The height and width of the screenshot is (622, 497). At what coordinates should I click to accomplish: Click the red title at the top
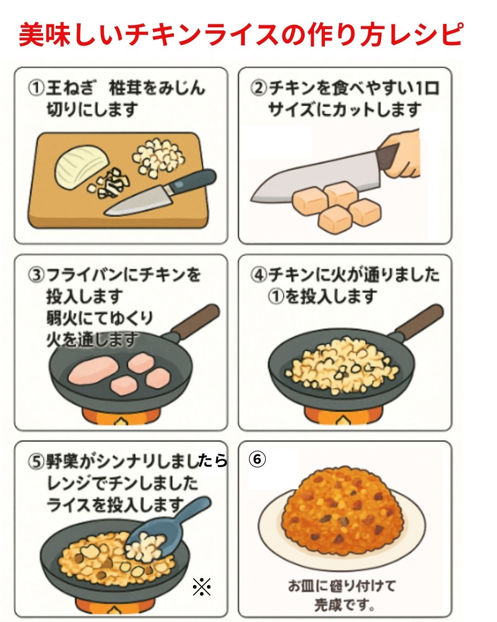pyautogui.click(x=240, y=34)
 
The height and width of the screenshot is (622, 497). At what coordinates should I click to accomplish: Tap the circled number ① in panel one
pyautogui.click(x=36, y=88)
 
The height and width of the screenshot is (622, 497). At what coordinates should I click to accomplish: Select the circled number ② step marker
pyautogui.click(x=259, y=88)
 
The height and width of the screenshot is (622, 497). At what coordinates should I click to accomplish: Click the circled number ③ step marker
pyautogui.click(x=36, y=276)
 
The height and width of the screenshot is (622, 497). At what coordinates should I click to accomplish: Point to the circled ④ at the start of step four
pyautogui.click(x=259, y=275)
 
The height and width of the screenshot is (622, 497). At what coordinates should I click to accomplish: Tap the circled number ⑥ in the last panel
pyautogui.click(x=257, y=459)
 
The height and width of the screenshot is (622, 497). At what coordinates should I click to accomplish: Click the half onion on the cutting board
pyautogui.click(x=81, y=167)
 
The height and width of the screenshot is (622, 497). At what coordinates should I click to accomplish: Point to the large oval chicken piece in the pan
pyautogui.click(x=91, y=373)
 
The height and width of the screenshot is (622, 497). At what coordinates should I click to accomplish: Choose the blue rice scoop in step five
pyautogui.click(x=166, y=530)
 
